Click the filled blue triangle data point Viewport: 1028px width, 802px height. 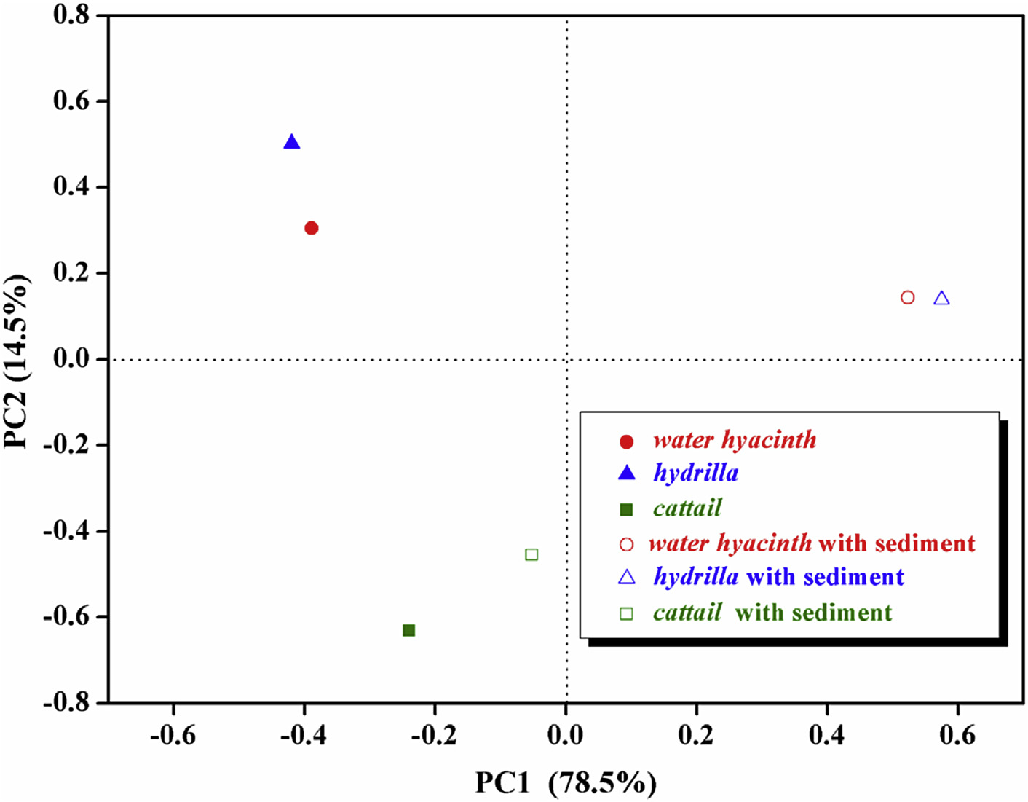292,142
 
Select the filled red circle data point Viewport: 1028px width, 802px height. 312,228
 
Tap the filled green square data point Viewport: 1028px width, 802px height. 409,630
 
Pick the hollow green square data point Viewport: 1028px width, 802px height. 531,555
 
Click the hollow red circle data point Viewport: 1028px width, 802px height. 907,297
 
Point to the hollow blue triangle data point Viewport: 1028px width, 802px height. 941,298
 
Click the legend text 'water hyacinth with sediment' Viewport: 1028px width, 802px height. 812,543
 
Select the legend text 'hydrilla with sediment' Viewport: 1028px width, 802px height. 778,577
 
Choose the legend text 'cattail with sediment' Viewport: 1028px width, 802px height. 772,613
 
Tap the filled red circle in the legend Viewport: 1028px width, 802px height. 626,441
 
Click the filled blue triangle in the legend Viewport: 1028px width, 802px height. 626,473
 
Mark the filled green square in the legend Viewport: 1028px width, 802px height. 626,509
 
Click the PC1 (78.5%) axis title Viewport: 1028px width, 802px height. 566,783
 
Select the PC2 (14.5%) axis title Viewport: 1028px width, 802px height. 16,361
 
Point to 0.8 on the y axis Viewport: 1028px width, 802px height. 71,15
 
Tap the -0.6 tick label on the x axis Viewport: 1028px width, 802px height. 173,736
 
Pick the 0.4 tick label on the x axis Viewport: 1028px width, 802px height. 827,736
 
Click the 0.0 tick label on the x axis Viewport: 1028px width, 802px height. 566,736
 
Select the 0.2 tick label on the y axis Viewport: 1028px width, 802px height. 71,272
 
